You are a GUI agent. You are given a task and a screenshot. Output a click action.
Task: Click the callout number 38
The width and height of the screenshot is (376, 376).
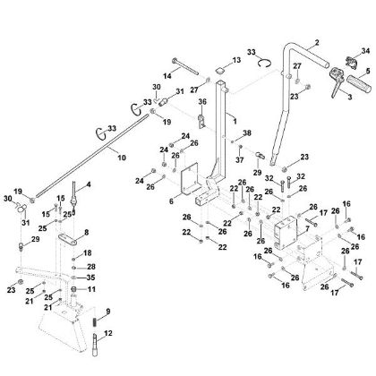pyautogui.click(x=246, y=133)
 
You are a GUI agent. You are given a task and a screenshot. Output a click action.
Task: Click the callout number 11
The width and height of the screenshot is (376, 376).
pyautogui.click(x=90, y=291)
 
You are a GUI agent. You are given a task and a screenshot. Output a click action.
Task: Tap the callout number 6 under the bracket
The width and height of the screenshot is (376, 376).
pyautogui.click(x=171, y=202)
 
